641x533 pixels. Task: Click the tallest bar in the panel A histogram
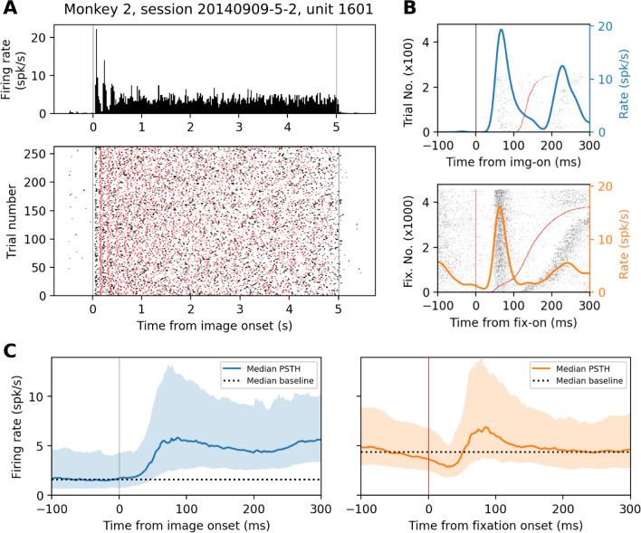pyautogui.click(x=96, y=30)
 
